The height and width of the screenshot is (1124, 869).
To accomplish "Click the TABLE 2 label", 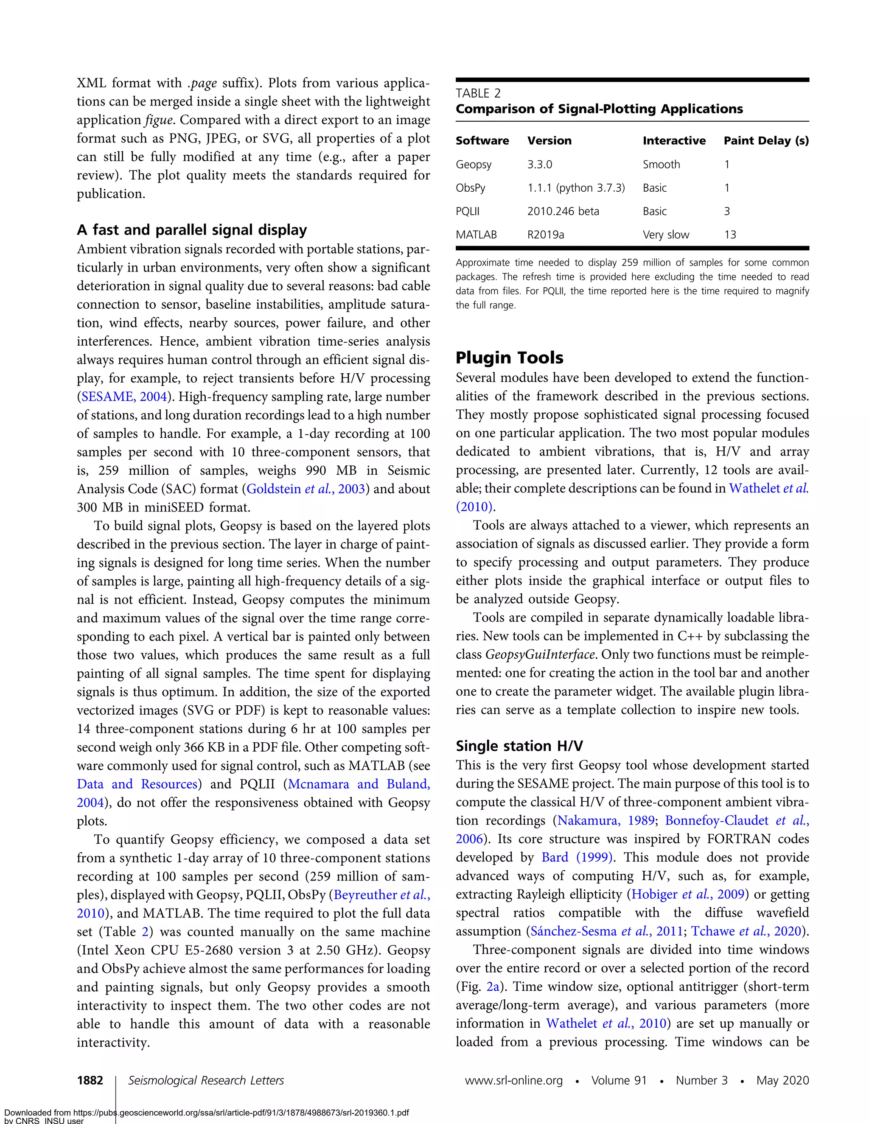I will [478, 93].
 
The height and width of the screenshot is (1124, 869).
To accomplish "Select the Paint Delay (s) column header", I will [766, 140].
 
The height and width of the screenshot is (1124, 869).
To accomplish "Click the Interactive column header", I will [674, 140].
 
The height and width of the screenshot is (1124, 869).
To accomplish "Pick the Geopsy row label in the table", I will [473, 165].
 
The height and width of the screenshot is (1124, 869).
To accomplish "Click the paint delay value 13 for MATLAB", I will [730, 235].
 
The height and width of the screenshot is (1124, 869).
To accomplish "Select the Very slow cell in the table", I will [666, 235].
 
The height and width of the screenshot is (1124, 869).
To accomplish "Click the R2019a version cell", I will [545, 235].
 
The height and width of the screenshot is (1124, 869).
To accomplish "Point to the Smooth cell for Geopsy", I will [661, 165].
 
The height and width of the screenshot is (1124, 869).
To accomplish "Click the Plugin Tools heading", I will [509, 358].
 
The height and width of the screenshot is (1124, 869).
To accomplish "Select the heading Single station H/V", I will [519, 746].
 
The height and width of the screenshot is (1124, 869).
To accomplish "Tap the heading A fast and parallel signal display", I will [191, 229].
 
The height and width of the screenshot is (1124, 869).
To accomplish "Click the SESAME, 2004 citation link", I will [124, 397].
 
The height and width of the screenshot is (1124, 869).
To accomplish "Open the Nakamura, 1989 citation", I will [605, 820].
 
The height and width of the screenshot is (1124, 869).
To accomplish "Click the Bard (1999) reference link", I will [577, 857].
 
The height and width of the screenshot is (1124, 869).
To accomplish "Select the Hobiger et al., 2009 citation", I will [688, 895].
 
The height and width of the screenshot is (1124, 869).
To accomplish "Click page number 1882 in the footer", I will [90, 1080].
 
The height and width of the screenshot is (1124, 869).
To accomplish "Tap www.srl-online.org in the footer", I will [513, 1080].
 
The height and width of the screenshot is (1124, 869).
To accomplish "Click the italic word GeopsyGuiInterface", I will [540, 654].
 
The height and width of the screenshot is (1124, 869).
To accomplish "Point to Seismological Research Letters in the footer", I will [206, 1080].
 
